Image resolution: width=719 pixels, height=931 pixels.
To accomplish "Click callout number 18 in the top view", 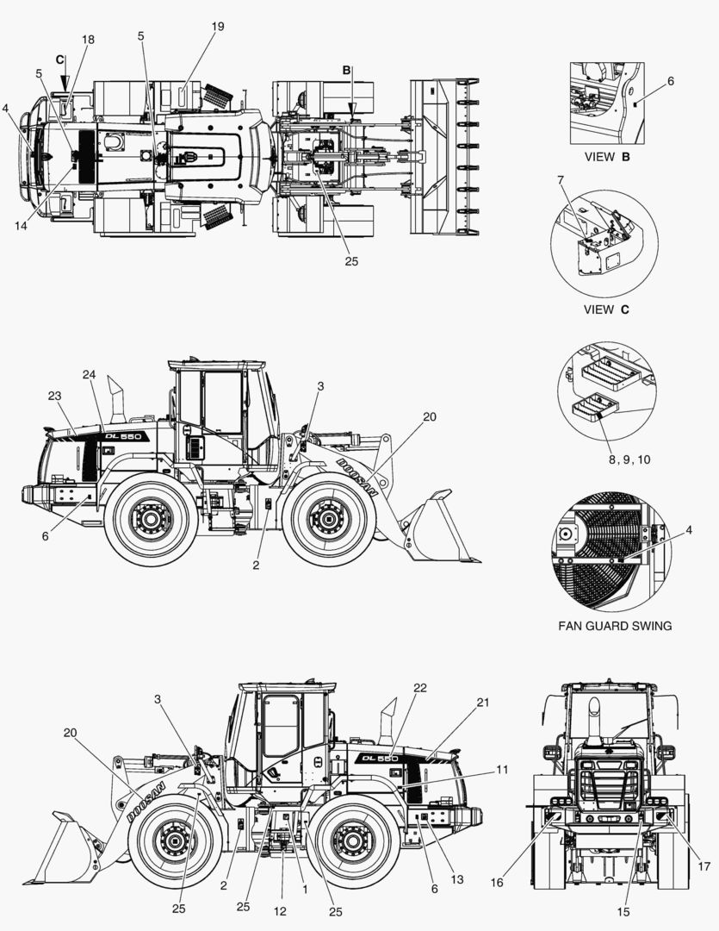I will [88, 40].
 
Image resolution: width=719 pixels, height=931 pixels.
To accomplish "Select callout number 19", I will [217, 27].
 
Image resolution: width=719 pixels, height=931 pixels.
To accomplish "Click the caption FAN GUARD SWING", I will [615, 626].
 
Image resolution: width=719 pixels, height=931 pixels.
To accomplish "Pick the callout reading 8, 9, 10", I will [629, 459].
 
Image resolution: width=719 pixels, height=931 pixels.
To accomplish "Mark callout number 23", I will [56, 396].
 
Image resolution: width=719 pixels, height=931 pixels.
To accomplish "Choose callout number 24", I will [90, 374].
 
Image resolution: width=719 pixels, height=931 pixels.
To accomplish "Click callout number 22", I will [419, 687].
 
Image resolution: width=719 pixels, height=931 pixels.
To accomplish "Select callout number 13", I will [456, 879].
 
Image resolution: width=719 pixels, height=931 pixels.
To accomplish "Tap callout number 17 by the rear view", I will [704, 865].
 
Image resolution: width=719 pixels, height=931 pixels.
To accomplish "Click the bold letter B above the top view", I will [346, 70].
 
